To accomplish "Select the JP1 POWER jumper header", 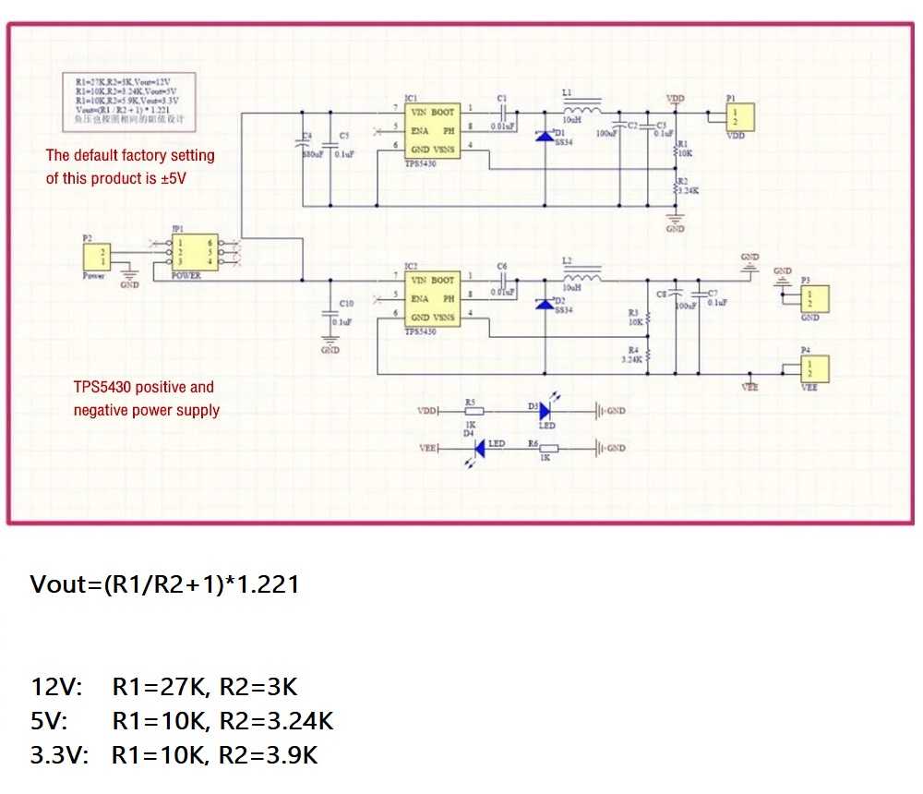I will pyautogui.click(x=194, y=251).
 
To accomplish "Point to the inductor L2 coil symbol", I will pyautogui.click(x=581, y=277).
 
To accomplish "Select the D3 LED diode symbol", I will pyautogui.click(x=545, y=411).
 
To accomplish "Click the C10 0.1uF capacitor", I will pyautogui.click(x=330, y=315).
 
